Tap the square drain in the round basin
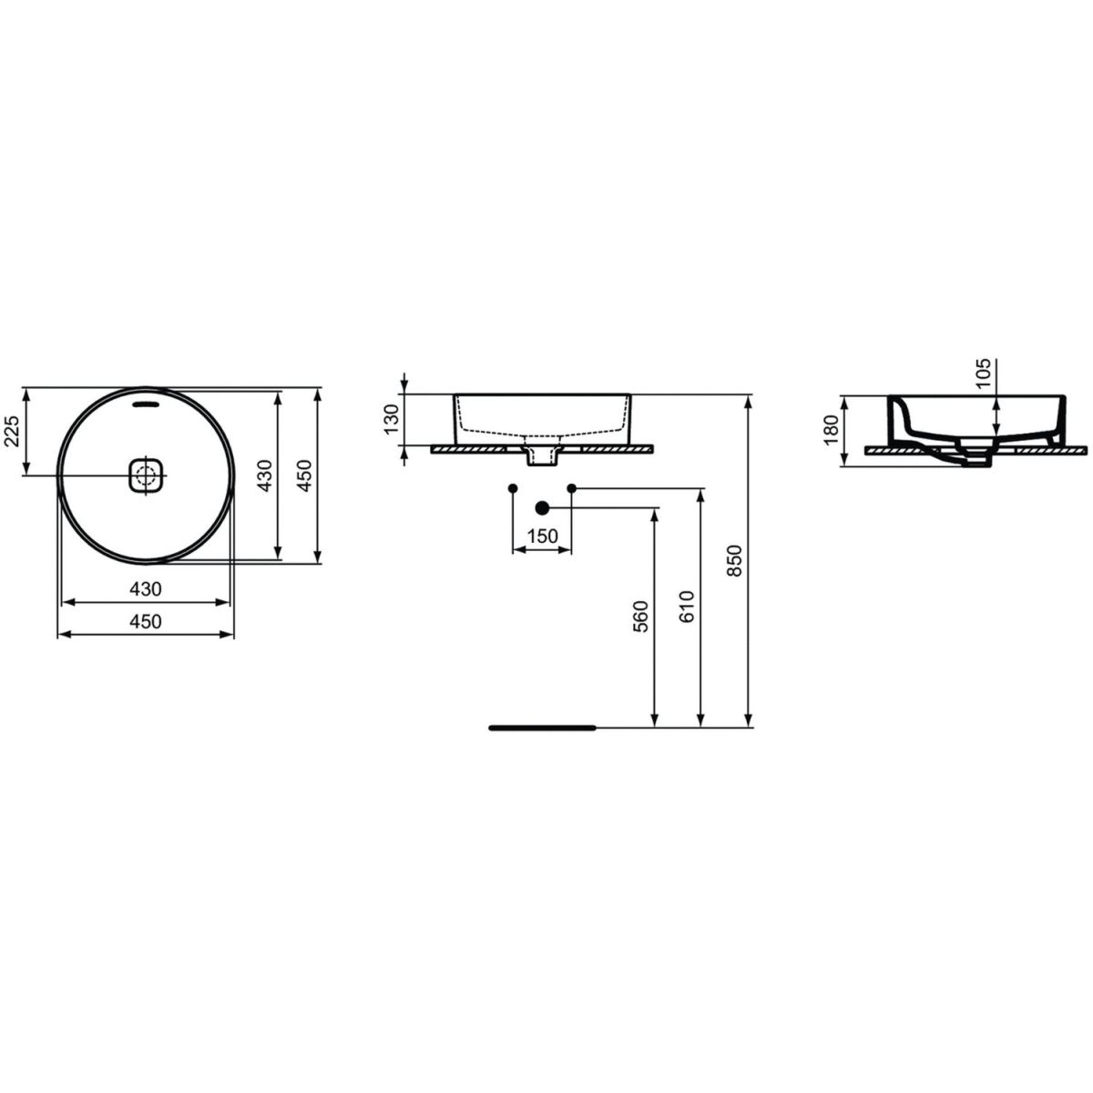147,475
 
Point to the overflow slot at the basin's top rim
147,403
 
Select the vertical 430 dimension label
265,475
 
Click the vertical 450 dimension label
305,475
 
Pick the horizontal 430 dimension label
146,589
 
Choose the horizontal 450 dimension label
146,622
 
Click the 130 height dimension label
393,419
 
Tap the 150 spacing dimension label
542,536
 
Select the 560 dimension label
639,618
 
